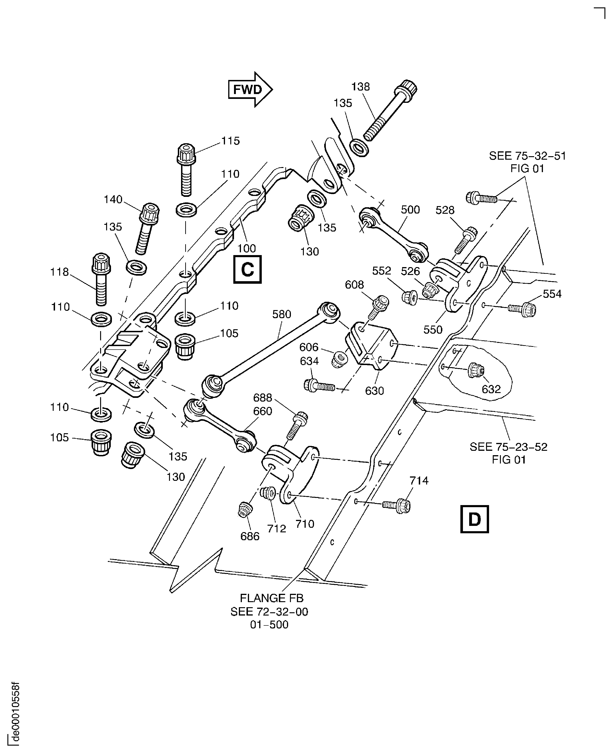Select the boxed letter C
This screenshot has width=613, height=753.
click(247, 270)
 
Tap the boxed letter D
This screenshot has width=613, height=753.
click(474, 519)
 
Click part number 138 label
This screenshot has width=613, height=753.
click(360, 87)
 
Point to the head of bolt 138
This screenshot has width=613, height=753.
click(408, 90)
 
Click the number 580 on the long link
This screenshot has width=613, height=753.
click(281, 314)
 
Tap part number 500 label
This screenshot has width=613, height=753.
click(410, 210)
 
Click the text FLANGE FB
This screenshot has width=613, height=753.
click(271, 598)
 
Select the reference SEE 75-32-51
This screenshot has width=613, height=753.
click(527, 156)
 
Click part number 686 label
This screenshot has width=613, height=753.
click(250, 536)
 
